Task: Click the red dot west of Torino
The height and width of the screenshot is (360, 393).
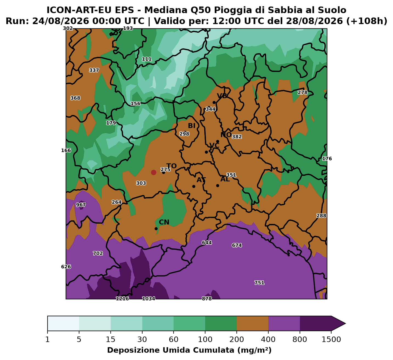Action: click(154, 173)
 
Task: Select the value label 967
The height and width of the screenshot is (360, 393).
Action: click(81, 205)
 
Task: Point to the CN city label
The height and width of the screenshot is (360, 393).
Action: click(164, 222)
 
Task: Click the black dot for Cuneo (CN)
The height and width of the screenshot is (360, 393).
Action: click(156, 229)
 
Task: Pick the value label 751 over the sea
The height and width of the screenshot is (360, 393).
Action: click(259, 283)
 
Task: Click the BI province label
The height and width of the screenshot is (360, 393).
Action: click(192, 126)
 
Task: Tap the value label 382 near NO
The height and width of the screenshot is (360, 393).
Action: click(237, 137)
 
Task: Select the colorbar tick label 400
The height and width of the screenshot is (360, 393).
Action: click(268, 339)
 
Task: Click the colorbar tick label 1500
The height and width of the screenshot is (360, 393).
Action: click(331, 339)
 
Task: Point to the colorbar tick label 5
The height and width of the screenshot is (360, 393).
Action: click(79, 339)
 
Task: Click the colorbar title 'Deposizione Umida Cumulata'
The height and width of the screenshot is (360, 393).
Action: click(171, 350)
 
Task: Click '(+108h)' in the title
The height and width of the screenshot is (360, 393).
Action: click(367, 21)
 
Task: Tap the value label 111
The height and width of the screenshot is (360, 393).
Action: click(147, 59)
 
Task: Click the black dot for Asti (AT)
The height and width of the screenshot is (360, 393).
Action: click(194, 186)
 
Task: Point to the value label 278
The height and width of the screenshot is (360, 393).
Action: click(302, 92)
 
